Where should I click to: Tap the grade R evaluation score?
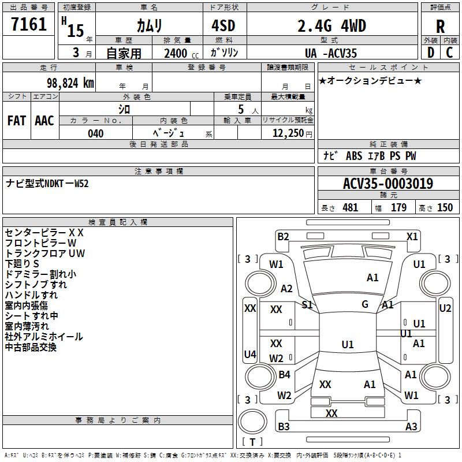point(441,26)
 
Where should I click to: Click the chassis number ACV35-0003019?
point(388,184)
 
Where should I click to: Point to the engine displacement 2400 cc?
point(175,53)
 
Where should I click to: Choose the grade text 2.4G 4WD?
point(331,25)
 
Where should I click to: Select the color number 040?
point(96,133)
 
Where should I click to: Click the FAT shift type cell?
point(17,120)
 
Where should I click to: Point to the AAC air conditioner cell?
point(44,120)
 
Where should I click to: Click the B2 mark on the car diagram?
point(283,236)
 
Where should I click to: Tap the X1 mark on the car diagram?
point(412,236)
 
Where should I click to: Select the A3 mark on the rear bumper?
point(411,427)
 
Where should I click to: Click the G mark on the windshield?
point(365,304)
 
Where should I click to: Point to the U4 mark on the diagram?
point(249,354)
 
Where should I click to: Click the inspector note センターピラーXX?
point(44,233)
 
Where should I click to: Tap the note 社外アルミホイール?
point(44,337)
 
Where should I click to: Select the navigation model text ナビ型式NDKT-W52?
point(47,184)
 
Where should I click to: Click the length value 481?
point(350,208)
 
